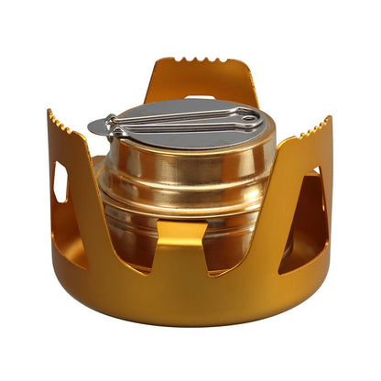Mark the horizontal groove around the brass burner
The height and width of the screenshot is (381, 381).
click(183, 194)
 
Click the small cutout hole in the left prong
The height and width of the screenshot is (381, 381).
click(60, 181)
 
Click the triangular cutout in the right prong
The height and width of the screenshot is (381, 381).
click(311, 220)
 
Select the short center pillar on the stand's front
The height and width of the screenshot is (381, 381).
click(187, 266)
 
